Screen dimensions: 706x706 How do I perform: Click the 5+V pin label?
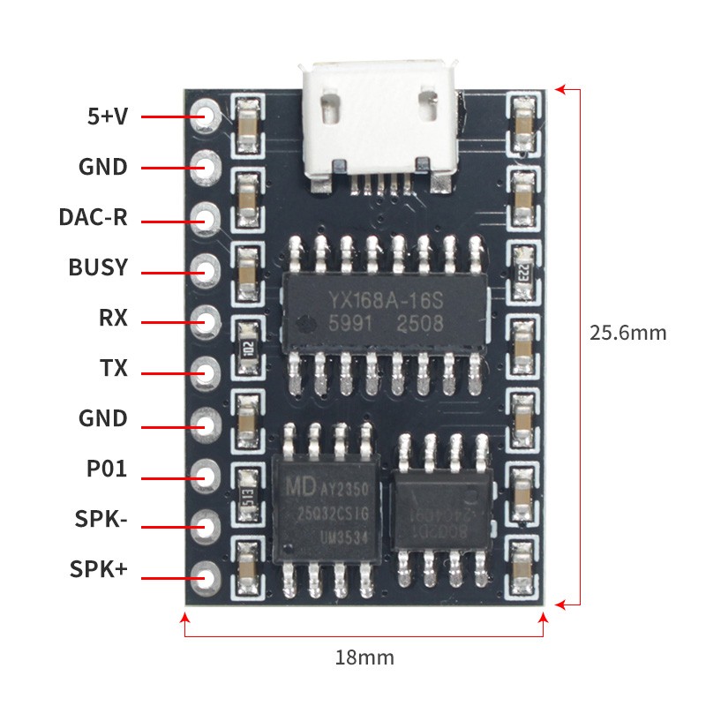point(108,116)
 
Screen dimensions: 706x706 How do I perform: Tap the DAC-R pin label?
point(94,217)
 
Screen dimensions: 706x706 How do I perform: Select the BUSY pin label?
point(98,267)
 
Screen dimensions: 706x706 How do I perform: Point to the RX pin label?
point(114,318)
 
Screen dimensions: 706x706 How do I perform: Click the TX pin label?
point(115,368)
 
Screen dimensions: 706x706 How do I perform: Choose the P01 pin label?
point(107,469)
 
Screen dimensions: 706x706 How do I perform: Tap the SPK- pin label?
point(99,520)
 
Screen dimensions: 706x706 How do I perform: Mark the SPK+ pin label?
point(99,570)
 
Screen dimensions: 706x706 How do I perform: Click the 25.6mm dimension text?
point(628,334)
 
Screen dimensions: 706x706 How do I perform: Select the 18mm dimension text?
point(364,657)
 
